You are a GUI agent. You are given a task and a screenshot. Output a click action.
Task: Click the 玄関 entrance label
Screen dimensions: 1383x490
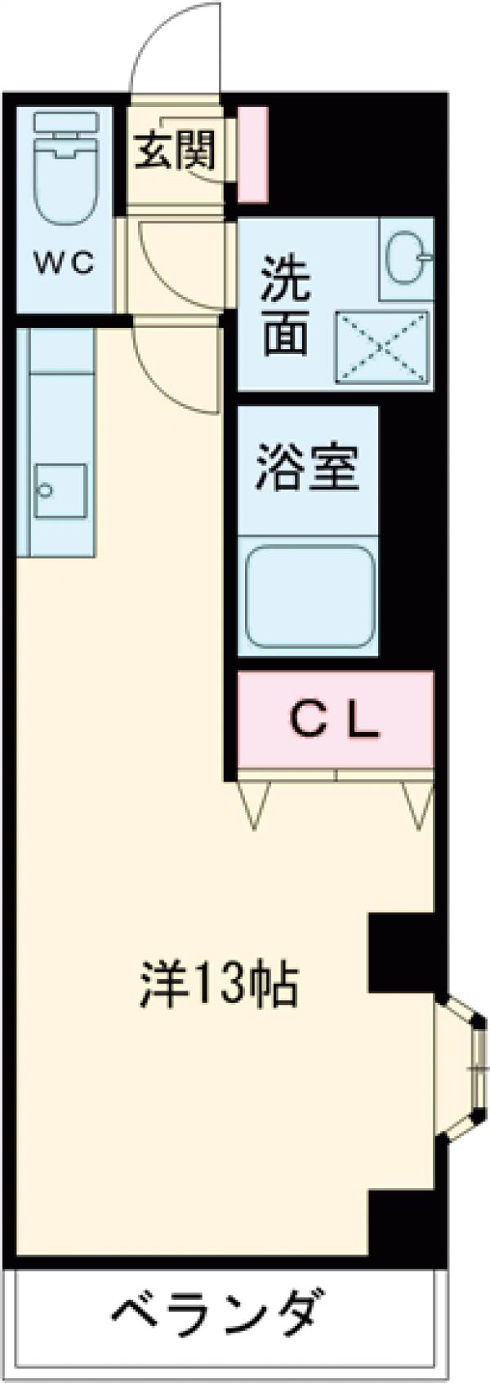[175, 150]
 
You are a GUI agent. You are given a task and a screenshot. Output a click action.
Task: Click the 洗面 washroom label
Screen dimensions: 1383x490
[285, 305]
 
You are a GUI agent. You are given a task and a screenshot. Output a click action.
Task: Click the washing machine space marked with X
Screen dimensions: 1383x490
[382, 346]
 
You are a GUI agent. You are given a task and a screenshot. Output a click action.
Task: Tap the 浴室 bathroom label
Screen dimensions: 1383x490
[306, 467]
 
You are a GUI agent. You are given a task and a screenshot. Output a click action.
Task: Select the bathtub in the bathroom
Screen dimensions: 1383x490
[310, 594]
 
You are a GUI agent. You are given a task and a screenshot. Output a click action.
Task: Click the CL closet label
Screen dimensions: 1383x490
[335, 719]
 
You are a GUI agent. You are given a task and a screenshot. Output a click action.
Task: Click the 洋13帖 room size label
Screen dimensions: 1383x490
[220, 984]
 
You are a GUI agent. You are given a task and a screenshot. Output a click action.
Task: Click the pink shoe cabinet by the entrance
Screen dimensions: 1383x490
[252, 153]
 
